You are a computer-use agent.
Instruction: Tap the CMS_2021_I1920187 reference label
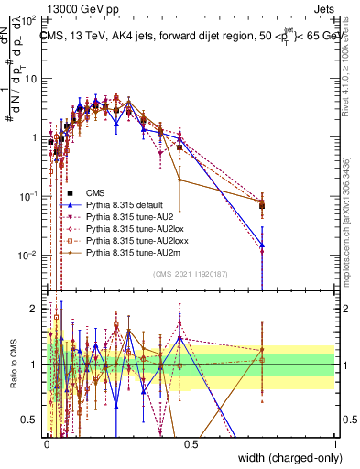coord(191,274)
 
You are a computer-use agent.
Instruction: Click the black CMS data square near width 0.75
coord(263,205)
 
